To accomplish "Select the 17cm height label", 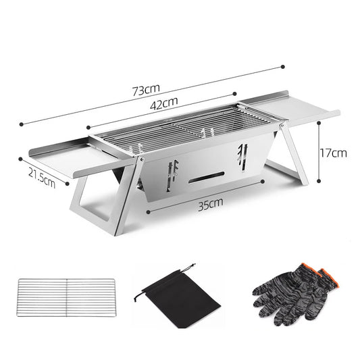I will pyautogui.click(x=334, y=153).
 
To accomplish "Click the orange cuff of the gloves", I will pyautogui.click(x=327, y=275).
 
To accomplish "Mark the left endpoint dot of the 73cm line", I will pyautogui.click(x=22, y=124).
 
